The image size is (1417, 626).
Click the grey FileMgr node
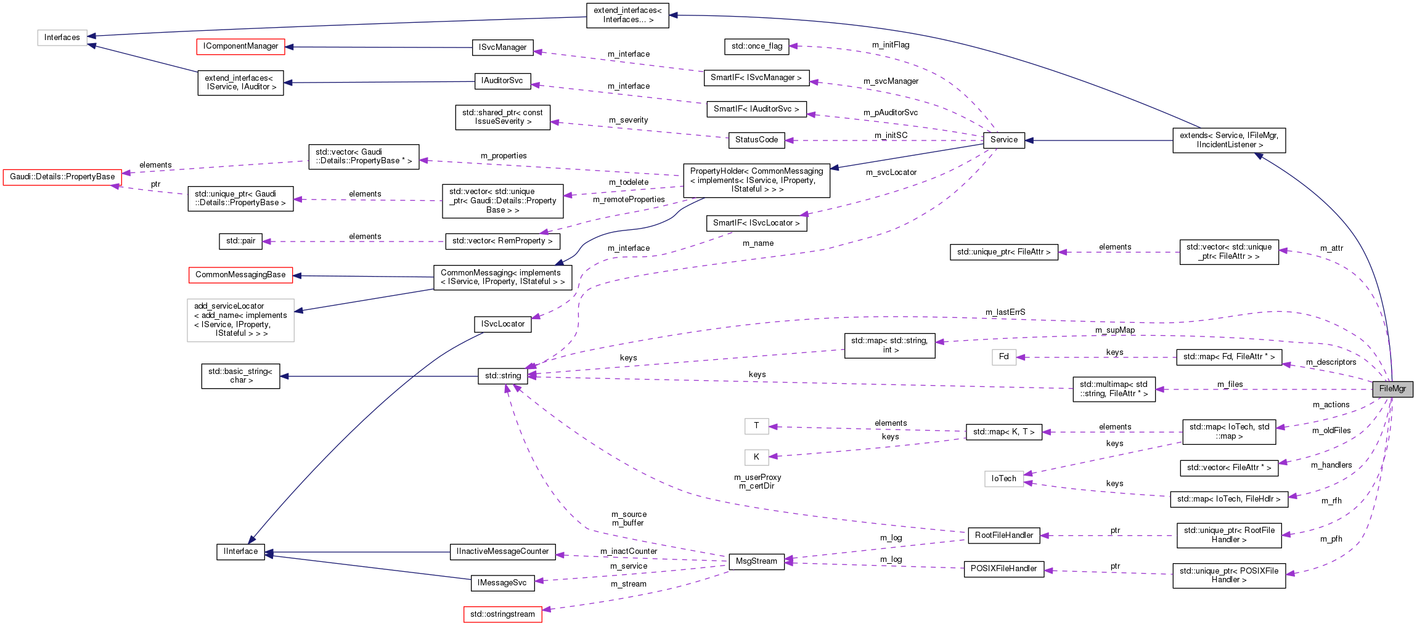pos(1392,389)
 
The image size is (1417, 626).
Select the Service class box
pos(1003,140)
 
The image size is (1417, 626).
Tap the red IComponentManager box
pos(240,46)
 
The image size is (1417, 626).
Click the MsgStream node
pos(756,561)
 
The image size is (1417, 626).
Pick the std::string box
pos(502,376)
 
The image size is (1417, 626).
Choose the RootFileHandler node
pos(1003,535)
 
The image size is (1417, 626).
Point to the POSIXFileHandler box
pos(1003,569)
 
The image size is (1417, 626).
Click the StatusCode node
pos(756,140)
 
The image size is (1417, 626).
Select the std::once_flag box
pos(756,46)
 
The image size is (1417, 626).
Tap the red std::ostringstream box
pos(502,614)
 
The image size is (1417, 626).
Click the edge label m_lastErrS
pos(1005,312)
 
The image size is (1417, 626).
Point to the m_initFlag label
pos(890,45)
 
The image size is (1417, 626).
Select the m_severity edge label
pos(628,120)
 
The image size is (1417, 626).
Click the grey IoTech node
pos(1003,479)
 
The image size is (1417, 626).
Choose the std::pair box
pos(240,241)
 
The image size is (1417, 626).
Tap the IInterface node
pos(240,551)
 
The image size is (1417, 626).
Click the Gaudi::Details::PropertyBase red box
pos(62,177)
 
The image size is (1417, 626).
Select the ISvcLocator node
pos(502,324)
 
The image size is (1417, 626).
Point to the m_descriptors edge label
pos(1331,362)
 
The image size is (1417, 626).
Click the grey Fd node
pos(1003,357)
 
